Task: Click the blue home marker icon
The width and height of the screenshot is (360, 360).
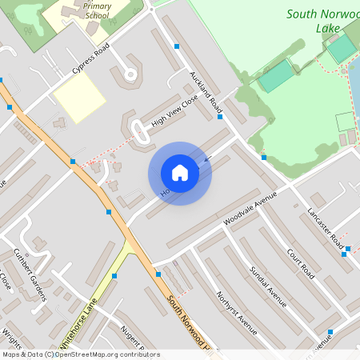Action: [180, 173]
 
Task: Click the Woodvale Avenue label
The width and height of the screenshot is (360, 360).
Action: [250, 208]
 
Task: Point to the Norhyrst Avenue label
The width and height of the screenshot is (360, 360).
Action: [235, 312]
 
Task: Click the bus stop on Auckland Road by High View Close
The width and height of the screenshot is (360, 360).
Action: [220, 117]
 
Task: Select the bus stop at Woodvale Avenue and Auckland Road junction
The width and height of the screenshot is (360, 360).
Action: [263, 158]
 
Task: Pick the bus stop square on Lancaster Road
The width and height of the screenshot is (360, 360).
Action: [345, 254]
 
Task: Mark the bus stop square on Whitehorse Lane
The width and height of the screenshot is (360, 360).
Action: [115, 275]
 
